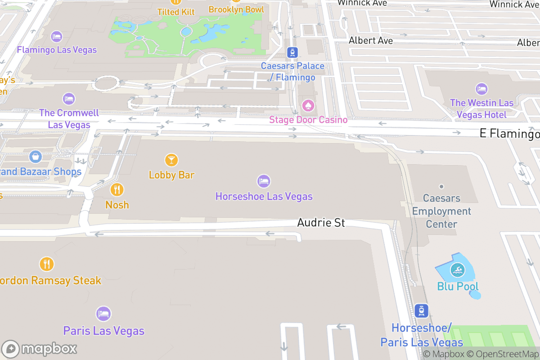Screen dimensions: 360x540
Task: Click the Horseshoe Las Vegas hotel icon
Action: click(264, 181)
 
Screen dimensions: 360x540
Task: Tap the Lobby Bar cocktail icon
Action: click(171, 160)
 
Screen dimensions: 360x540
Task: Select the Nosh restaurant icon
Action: click(117, 189)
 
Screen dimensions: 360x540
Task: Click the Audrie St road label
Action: click(321, 223)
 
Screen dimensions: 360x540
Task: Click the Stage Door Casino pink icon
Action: click(308, 106)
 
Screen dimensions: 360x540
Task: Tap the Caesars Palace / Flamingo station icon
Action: click(292, 52)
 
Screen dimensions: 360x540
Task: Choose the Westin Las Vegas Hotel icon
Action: click(481, 89)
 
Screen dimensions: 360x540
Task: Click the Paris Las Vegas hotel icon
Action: click(103, 314)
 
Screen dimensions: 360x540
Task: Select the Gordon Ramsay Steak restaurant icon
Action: click(47, 264)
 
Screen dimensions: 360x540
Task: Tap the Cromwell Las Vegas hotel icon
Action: click(69, 99)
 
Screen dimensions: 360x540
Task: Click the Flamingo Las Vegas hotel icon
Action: click(57, 36)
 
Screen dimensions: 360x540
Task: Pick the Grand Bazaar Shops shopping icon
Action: click(35, 157)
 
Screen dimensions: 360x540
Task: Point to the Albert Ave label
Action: click(371, 40)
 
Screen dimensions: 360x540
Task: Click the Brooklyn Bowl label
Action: click(236, 9)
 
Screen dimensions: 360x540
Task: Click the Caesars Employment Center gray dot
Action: click(441, 186)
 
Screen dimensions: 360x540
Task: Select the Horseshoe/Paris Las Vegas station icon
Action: click(422, 310)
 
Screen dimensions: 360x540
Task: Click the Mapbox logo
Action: click(40, 349)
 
